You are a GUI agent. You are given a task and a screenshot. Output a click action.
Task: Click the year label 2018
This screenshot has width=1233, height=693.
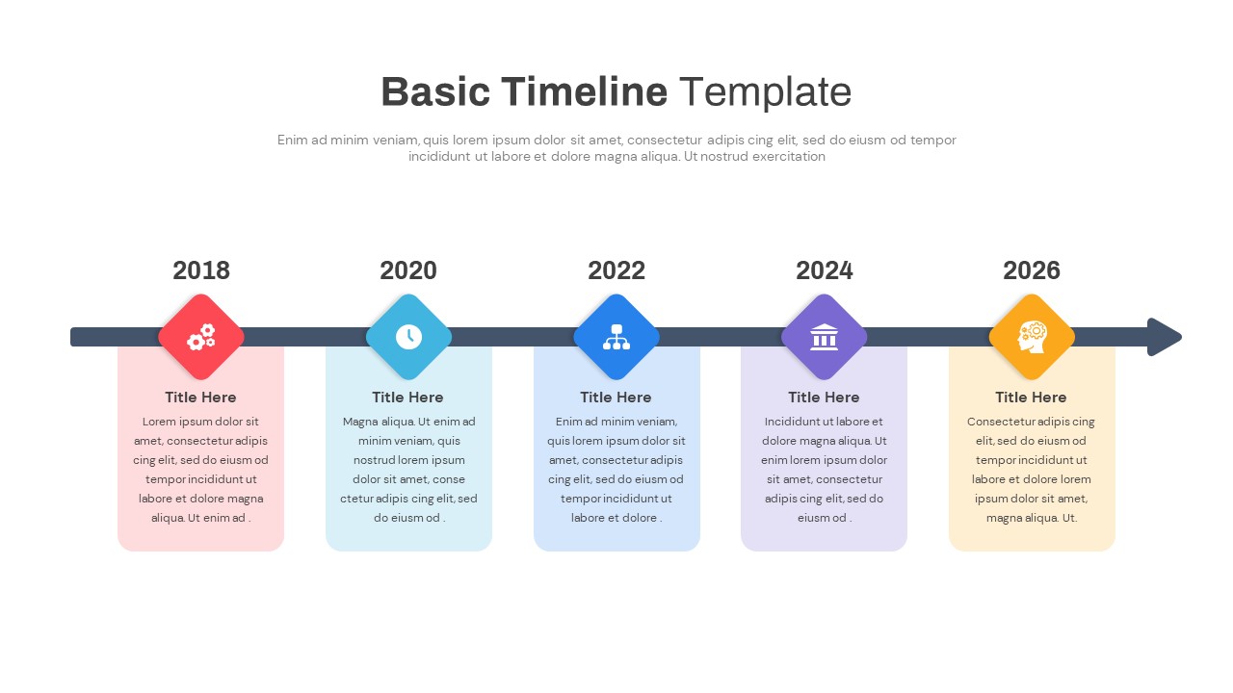coord(201,270)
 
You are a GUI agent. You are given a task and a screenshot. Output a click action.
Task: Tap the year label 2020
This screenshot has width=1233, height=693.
coord(408,270)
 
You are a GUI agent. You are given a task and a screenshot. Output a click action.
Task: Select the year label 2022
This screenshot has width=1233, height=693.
coord(616,270)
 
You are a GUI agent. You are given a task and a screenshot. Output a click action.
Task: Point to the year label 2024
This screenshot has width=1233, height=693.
coord(825,270)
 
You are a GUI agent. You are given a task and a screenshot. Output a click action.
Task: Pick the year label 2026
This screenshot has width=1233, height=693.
coord(1032,270)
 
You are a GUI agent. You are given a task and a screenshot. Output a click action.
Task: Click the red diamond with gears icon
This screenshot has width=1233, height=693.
coord(201,337)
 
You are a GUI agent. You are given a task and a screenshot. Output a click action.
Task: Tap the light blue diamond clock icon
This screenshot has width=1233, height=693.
coord(408,337)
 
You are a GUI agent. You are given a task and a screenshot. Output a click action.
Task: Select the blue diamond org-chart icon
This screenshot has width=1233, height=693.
coord(616,337)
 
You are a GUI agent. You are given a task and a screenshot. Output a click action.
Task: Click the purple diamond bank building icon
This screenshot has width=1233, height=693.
coord(825,337)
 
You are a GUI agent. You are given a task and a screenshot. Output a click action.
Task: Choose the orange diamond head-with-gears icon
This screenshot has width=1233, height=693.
coord(1032,337)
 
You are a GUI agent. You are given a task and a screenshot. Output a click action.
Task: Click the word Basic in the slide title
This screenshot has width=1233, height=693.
coord(435,92)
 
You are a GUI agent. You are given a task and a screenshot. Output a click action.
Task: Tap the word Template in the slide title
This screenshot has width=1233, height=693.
coord(765,92)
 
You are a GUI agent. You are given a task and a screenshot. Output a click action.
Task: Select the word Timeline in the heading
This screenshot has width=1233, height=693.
coord(585,92)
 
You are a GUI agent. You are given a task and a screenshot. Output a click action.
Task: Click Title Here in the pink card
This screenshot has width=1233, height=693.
coord(200,398)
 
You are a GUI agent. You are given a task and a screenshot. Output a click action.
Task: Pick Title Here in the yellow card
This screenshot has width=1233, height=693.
coord(1031,398)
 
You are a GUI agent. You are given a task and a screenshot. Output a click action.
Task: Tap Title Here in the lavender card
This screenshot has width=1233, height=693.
coord(824,398)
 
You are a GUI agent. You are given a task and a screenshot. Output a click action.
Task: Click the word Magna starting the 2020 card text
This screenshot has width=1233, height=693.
coord(360,422)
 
